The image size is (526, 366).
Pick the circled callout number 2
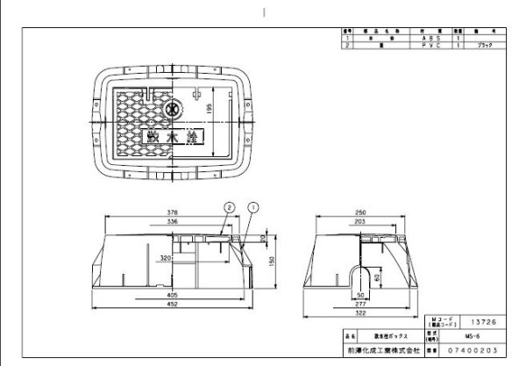pos(228,208)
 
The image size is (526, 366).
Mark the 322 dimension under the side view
pos(359,312)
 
